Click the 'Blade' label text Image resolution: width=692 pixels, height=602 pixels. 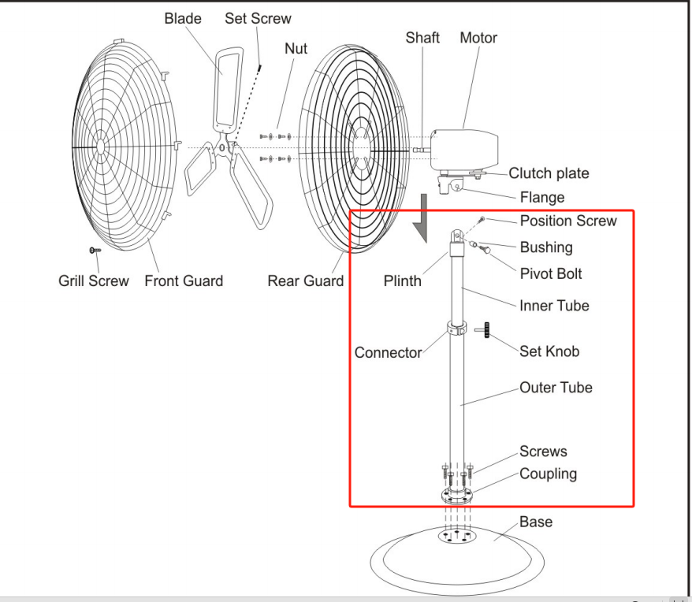183,19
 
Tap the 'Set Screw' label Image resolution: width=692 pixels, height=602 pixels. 258,19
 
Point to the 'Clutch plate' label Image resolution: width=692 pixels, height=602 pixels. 549,173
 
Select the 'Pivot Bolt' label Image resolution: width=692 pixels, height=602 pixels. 551,273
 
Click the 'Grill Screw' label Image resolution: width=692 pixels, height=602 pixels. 94,281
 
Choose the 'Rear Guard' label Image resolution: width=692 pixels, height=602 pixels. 305,281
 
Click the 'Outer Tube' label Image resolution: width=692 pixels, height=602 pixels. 556,388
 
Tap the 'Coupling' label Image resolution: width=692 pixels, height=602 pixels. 548,474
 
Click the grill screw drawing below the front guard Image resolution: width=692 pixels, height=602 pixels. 95,251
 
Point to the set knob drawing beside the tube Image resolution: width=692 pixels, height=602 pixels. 483,329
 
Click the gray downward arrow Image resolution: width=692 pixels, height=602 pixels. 423,218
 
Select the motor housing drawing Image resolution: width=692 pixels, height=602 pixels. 464,149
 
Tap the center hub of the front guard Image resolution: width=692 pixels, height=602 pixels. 100,146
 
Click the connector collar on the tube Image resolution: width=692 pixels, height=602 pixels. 456,329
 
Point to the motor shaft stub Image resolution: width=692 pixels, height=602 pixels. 422,150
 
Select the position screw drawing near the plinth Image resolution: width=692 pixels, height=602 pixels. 482,219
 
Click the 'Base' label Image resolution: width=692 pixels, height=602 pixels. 536,522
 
